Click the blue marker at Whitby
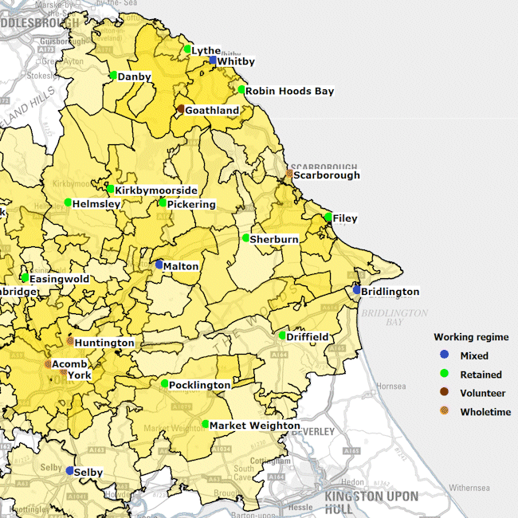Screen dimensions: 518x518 pos(213,60)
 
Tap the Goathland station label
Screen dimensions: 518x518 pos(212,111)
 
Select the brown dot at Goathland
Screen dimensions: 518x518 pos(181,109)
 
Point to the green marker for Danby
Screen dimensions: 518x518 pos(113,76)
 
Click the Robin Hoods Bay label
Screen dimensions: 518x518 pos(289,92)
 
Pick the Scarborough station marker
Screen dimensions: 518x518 pos(289,173)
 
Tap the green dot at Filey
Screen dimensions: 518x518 pos(328,217)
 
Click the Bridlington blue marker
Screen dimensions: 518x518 pos(357,290)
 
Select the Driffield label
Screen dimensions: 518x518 pos(308,338)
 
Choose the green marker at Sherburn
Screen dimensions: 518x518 pos(245,237)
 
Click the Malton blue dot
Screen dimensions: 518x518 pos(159,264)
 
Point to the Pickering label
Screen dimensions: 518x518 pos(191,205)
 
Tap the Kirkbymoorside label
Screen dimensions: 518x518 pos(155,190)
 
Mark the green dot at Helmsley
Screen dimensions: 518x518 pos(69,202)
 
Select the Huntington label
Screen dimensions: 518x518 pos(104,343)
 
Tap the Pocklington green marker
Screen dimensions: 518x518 pos(164,383)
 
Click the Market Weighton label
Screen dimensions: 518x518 pos(254,426)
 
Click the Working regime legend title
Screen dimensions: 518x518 pos(471,337)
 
